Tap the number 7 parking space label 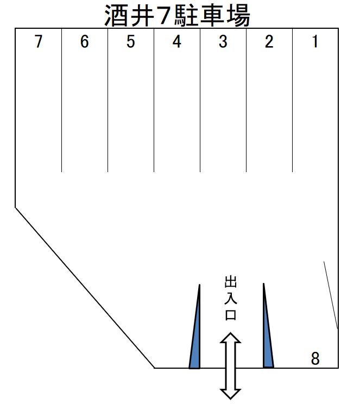[x=38, y=42]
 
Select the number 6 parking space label [x=84, y=42]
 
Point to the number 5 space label [x=130, y=42]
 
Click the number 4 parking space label [x=176, y=42]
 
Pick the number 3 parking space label [x=223, y=42]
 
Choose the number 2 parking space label [x=269, y=42]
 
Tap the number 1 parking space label [x=315, y=42]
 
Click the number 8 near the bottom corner [x=315, y=358]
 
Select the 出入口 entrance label [x=230, y=298]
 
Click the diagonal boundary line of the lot [x=84, y=287]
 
